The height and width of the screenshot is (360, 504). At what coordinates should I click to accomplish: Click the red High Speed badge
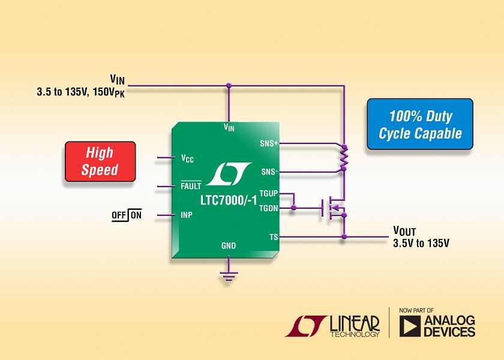pyautogui.click(x=100, y=161)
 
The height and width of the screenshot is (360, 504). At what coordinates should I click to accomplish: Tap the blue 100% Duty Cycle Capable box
pyautogui.click(x=420, y=124)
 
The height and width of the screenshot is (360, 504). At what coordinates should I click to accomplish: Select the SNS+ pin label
pyautogui.click(x=269, y=143)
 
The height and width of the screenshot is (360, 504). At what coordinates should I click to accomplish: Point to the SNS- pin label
pyautogui.click(x=269, y=172)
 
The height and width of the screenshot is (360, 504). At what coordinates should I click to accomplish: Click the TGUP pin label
pyautogui.click(x=268, y=193)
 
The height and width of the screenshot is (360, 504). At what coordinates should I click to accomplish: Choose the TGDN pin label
pyautogui.click(x=268, y=208)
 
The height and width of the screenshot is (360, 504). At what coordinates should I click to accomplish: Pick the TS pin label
pyautogui.click(x=274, y=237)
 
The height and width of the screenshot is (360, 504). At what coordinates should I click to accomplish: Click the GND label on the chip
pyautogui.click(x=229, y=246)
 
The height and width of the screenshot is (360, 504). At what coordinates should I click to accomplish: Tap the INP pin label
pyautogui.click(x=187, y=215)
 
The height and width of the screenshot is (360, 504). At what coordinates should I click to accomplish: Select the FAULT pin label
pyautogui.click(x=191, y=185)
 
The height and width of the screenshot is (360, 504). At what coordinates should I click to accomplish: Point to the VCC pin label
pyautogui.click(x=187, y=158)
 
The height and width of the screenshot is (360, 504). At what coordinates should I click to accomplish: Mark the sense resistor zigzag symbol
pyautogui.click(x=344, y=157)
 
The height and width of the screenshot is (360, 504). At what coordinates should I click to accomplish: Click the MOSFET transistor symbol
pyautogui.click(x=334, y=208)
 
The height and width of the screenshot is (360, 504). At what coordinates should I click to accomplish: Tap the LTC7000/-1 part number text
pyautogui.click(x=229, y=200)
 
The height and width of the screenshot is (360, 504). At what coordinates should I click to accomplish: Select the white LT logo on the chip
pyautogui.click(x=229, y=174)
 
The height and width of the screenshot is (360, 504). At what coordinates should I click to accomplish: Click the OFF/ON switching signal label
pyautogui.click(x=127, y=215)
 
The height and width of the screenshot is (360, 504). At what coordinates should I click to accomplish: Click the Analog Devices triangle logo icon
pyautogui.click(x=410, y=326)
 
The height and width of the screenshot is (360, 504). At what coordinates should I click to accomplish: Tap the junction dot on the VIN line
pyautogui.click(x=229, y=85)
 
